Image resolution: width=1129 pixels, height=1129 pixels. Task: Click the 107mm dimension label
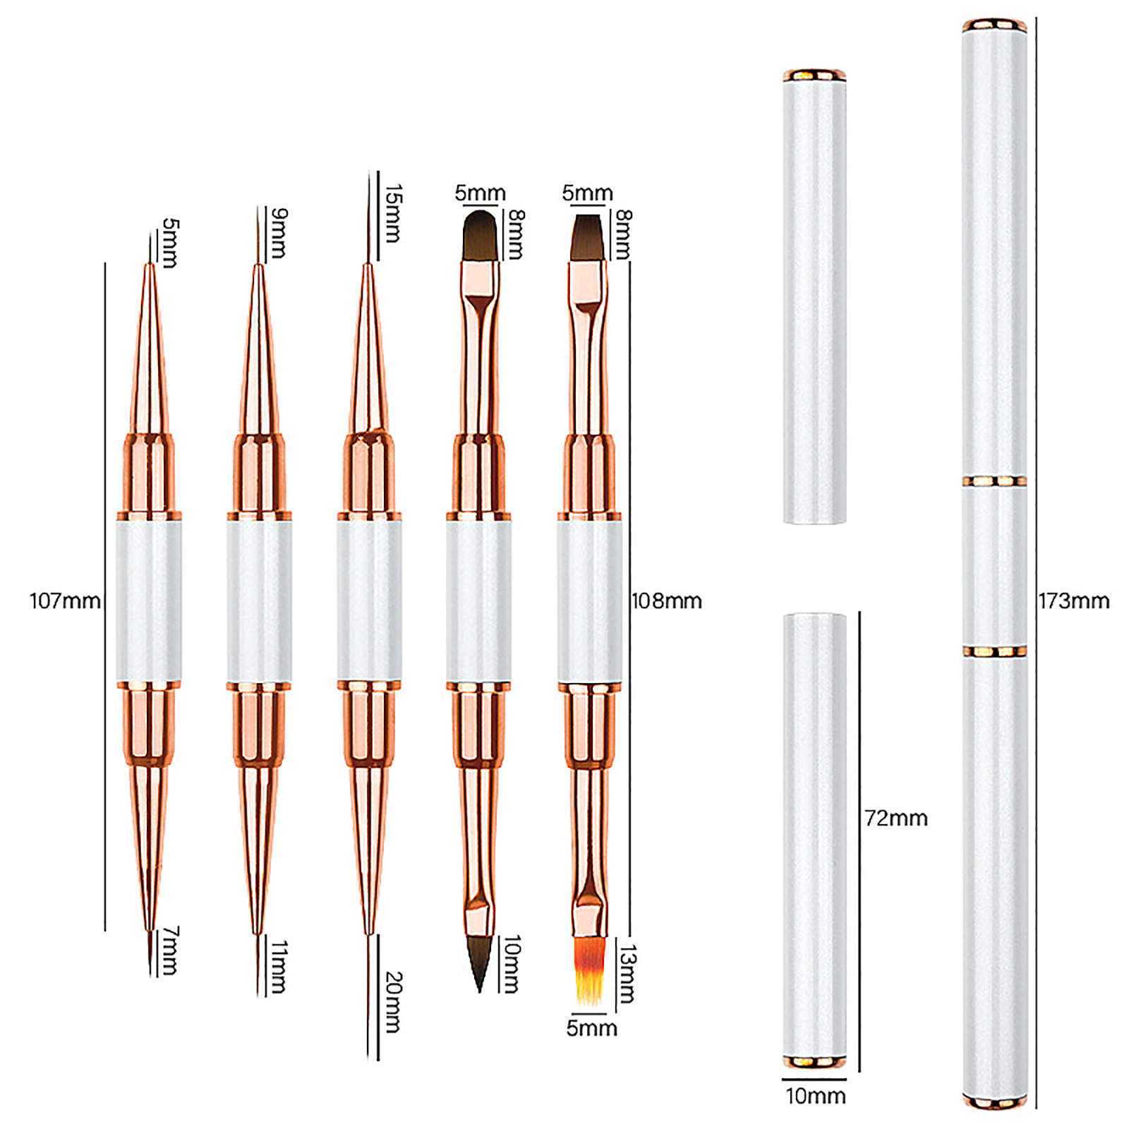65,601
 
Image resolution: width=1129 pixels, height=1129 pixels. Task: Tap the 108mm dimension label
667,601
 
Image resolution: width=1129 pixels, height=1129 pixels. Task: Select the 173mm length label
1073,601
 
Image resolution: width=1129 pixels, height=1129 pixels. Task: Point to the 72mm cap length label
896,819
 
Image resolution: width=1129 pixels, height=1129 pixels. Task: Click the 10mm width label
816,1096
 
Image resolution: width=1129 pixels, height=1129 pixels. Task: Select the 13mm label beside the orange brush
627,974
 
